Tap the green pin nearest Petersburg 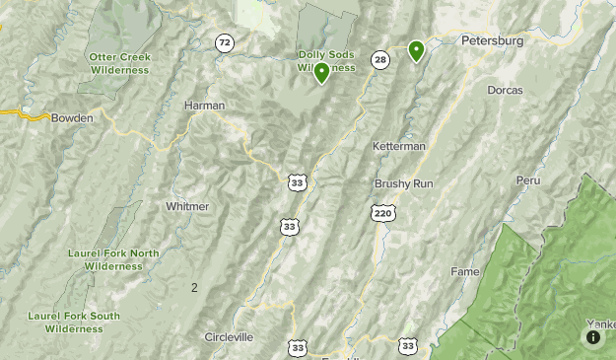click(416, 50)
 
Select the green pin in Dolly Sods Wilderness click(321, 72)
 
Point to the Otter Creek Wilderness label click(119, 63)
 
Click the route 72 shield click(226, 42)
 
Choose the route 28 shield click(380, 60)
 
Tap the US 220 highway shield click(383, 212)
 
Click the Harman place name click(205, 105)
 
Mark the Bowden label click(72, 117)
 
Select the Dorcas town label click(505, 90)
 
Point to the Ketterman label click(399, 146)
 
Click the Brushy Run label click(403, 183)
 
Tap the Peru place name click(528, 180)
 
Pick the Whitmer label click(187, 206)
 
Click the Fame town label click(465, 271)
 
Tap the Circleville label click(229, 336)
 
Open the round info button click(593, 337)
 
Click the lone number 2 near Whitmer click(194, 287)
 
